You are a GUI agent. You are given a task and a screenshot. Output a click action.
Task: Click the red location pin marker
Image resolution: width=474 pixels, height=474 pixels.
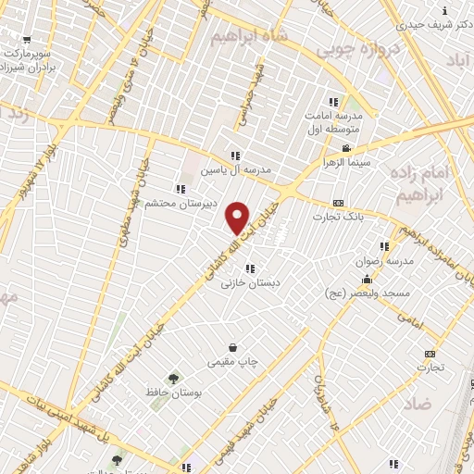(x=238, y=217)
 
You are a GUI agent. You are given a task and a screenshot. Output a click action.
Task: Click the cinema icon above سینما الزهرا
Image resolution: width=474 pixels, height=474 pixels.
(x=346, y=148)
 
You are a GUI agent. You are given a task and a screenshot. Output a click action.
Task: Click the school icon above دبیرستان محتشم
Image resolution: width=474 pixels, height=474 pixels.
(x=180, y=189)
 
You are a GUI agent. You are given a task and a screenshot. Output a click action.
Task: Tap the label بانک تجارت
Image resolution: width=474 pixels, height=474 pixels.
(x=343, y=218)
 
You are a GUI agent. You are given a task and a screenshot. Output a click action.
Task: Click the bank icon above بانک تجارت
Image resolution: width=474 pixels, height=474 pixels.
(x=339, y=204)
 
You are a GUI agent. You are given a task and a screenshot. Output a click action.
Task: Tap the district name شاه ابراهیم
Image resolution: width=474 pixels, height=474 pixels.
(x=244, y=36)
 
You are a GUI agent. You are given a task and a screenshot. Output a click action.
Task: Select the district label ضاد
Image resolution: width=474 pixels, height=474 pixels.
(x=418, y=404)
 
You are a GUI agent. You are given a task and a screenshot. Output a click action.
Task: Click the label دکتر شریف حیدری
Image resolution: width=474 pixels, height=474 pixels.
(x=436, y=26)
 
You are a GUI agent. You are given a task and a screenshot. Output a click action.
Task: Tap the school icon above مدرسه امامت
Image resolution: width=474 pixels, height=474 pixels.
(x=333, y=102)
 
